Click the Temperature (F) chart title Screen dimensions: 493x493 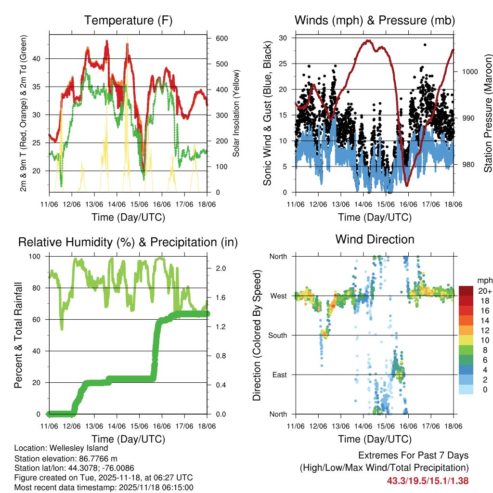pyautogui.click(x=128, y=21)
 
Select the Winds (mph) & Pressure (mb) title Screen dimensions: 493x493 pyautogui.click(x=375, y=21)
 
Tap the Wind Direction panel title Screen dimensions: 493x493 pyautogui.click(x=375, y=239)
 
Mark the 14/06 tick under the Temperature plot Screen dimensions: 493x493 pyautogui.click(x=117, y=205)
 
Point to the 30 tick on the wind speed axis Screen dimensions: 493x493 pyautogui.click(x=284, y=38)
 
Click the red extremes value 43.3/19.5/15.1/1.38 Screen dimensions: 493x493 pyautogui.click(x=428, y=480)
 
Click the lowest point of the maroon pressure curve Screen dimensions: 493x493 pyautogui.click(x=407, y=185)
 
